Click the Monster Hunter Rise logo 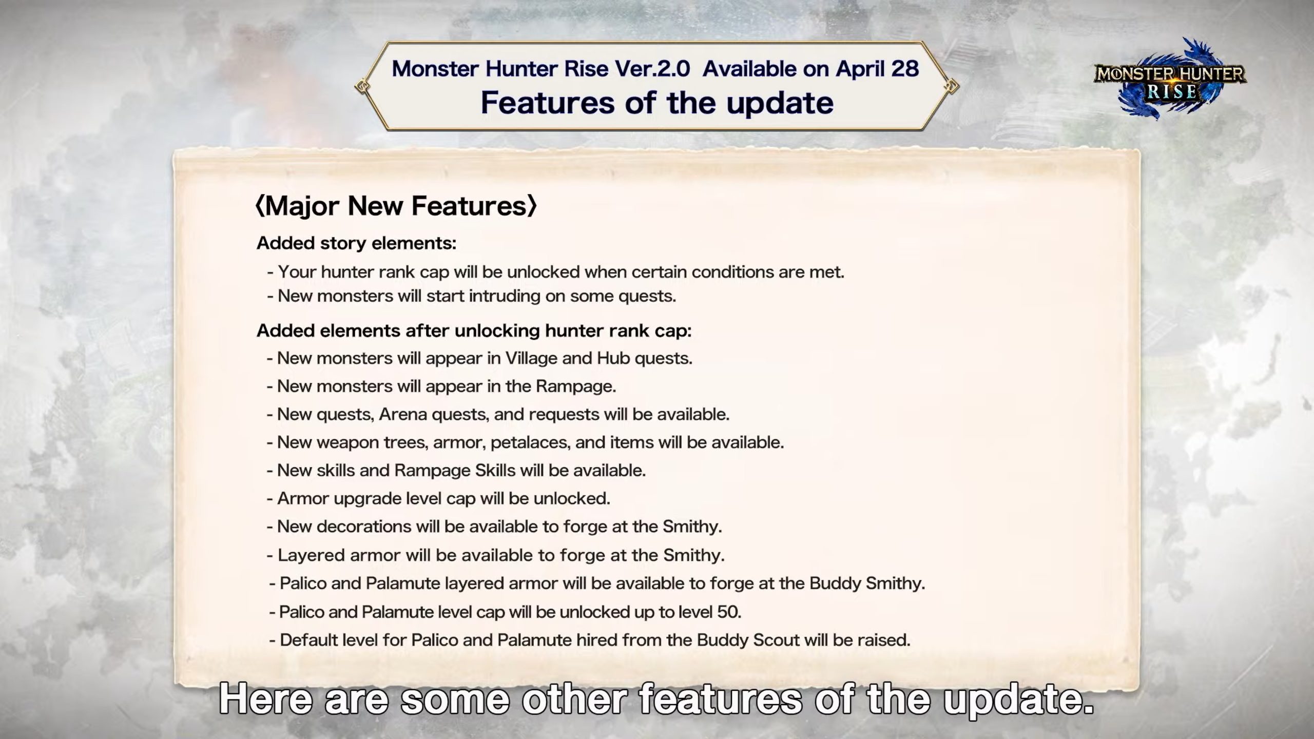(1170, 79)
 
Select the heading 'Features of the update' (657, 103)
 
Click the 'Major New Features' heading (396, 206)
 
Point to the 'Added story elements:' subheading (356, 243)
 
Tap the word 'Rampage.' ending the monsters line (576, 386)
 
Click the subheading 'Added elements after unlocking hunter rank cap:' (474, 331)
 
